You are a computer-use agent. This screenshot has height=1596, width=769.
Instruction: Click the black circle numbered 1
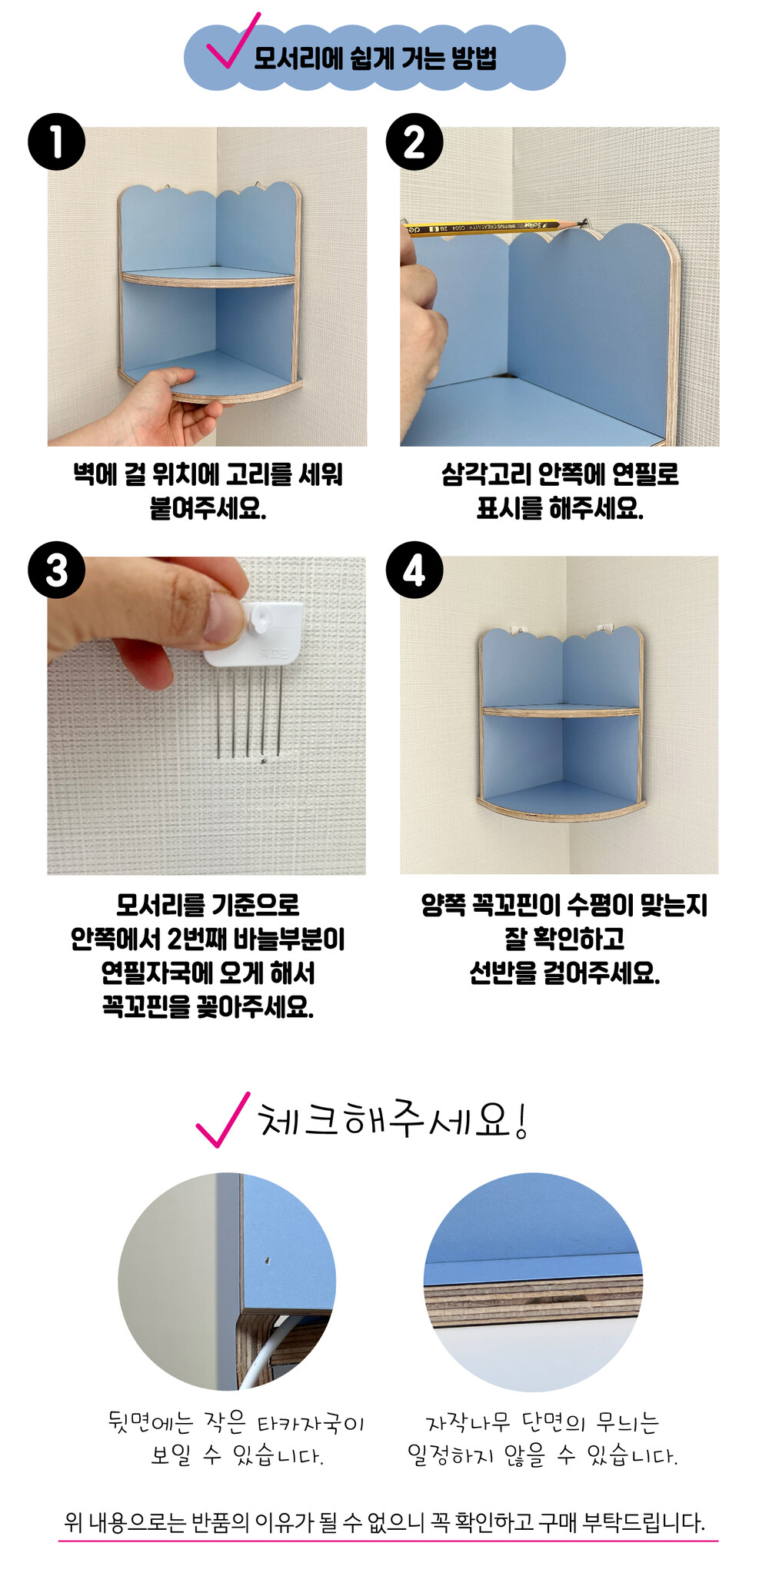56,142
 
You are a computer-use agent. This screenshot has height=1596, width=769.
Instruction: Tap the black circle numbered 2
414,142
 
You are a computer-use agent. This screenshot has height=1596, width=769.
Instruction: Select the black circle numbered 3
56,570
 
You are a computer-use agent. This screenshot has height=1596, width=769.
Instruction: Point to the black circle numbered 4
414,570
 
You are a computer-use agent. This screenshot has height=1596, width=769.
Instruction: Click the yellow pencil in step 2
492,227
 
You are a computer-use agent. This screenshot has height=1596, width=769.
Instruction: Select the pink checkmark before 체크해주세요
223,1120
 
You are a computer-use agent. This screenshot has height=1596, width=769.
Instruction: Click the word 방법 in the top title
474,58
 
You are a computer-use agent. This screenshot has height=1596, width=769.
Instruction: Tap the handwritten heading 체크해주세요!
393,1119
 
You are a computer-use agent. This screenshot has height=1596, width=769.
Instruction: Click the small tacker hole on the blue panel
267,1261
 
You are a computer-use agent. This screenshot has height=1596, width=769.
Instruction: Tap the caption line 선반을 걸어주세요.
564,974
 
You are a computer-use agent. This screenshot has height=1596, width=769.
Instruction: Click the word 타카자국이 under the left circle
311,1424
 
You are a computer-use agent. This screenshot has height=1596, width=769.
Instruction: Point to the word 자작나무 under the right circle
468,1423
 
